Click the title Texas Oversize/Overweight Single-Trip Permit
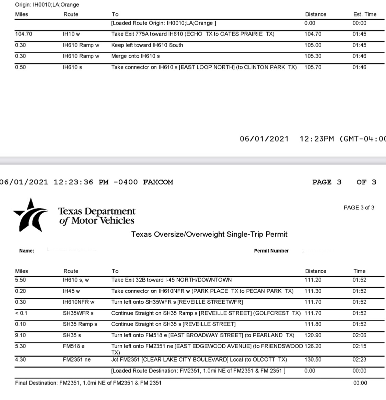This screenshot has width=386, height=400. click(x=209, y=234)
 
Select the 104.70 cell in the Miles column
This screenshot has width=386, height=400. click(x=24, y=34)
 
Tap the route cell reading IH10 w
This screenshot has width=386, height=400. click(x=71, y=34)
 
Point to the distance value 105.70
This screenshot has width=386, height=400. click(x=313, y=67)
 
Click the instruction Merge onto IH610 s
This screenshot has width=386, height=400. click(x=135, y=56)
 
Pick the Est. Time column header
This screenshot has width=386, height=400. click(x=365, y=14)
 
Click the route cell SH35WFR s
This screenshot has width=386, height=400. click(x=78, y=313)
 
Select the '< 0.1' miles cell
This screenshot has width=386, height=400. click(x=21, y=313)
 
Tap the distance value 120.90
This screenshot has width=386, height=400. click(x=313, y=335)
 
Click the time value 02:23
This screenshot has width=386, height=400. click(x=359, y=360)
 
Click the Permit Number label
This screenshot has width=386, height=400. click(x=271, y=251)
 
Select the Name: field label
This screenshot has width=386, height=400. click(x=27, y=251)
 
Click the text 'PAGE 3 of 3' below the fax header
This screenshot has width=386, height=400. click(x=359, y=208)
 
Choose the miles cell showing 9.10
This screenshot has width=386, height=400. click(x=20, y=335)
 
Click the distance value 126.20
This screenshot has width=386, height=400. click(x=313, y=346)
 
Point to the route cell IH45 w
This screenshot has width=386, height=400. click(x=71, y=291)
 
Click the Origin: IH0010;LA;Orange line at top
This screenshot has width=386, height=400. click(x=47, y=5)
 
